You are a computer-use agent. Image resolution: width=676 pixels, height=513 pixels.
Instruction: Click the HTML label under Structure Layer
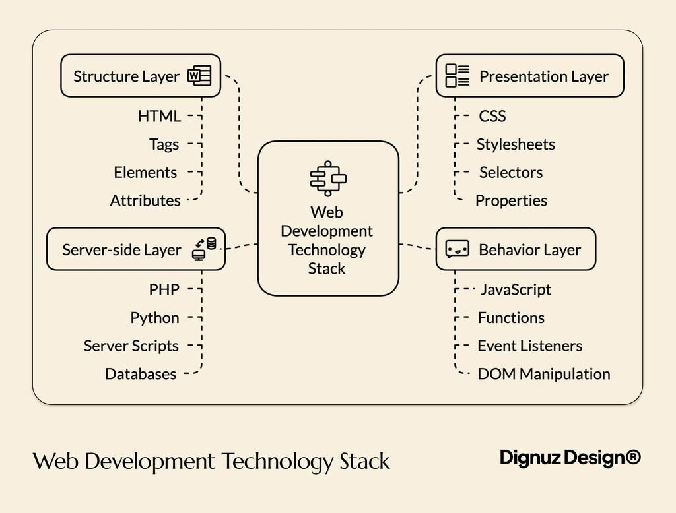point(159,116)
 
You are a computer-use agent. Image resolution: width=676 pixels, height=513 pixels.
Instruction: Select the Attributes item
point(145,200)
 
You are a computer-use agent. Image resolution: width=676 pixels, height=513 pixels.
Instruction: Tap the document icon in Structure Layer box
point(199,76)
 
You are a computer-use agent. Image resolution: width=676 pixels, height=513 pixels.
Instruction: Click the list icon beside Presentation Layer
point(457,76)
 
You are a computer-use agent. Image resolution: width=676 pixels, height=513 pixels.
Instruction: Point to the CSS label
point(492,116)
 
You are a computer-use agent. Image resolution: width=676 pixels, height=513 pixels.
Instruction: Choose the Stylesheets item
point(516,144)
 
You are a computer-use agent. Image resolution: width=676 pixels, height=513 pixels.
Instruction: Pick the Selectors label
point(511,173)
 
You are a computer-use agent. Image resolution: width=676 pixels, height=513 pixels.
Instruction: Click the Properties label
point(511,200)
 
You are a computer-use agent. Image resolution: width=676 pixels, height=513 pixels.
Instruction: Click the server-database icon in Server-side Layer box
point(204,249)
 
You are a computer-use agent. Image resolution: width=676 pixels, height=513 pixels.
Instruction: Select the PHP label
point(164,289)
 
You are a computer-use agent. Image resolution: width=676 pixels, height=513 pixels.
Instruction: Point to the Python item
point(154,318)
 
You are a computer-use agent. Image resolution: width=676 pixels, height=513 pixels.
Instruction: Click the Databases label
point(141,374)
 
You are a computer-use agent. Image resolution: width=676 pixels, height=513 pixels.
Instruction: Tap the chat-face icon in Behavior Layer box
point(457,249)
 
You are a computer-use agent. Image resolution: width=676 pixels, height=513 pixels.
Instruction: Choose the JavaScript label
point(516,289)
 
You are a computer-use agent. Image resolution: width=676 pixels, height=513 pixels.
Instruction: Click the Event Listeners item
point(530,346)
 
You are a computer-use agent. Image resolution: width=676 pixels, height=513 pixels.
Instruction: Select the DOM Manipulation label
point(544,374)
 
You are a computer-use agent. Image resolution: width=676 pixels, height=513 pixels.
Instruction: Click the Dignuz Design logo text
point(570,458)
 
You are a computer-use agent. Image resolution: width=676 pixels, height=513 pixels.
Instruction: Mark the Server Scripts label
point(131,346)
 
